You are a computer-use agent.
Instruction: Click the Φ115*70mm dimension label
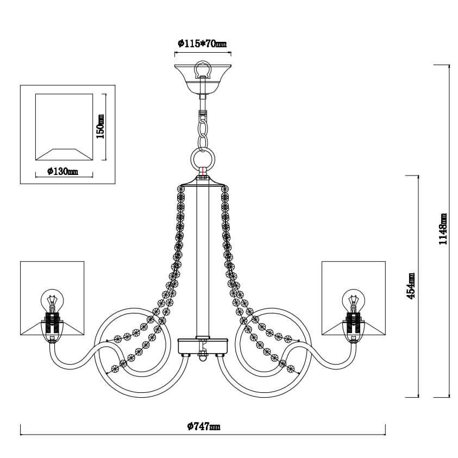[202, 43]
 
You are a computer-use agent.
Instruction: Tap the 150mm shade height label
[100, 126]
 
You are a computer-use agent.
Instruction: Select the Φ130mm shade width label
[62, 171]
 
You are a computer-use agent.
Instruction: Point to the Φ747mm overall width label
[204, 426]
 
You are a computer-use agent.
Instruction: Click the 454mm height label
[411, 286]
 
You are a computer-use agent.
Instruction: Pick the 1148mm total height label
[443, 229]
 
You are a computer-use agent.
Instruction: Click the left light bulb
[52, 300]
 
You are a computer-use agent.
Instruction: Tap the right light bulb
[354, 300]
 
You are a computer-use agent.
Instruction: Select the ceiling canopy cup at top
[203, 78]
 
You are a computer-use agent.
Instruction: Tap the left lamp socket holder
[52, 327]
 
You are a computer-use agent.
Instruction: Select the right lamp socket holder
[354, 327]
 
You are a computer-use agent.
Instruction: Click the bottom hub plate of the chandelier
[203, 347]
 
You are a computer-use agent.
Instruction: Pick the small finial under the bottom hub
[203, 359]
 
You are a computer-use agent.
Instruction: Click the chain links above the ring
[203, 130]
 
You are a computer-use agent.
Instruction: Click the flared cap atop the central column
[203, 181]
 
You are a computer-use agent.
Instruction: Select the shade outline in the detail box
[64, 127]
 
